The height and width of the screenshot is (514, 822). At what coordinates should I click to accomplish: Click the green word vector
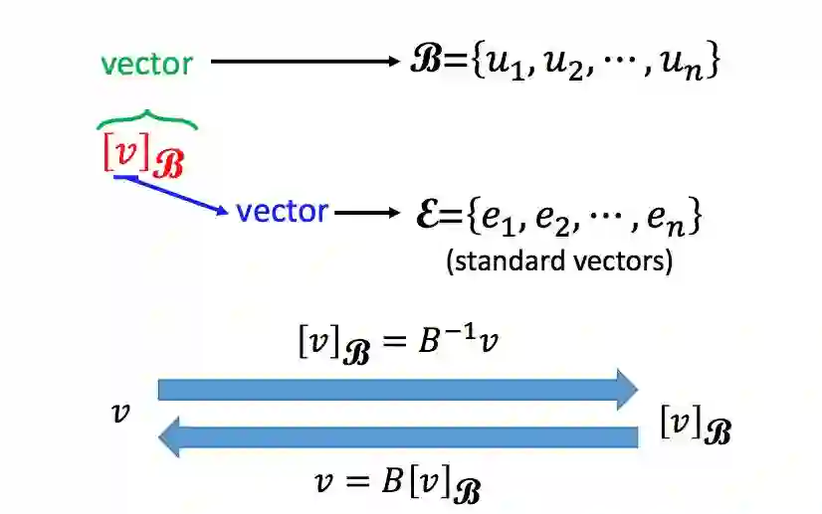[x=146, y=63]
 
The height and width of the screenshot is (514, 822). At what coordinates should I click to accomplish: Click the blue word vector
[x=282, y=211]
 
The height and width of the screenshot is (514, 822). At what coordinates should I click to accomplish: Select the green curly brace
[x=147, y=120]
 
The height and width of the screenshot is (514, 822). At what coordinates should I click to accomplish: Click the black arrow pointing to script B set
[x=305, y=62]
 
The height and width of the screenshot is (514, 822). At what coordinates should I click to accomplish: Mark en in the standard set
[x=663, y=216]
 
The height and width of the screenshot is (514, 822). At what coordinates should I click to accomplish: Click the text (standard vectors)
[x=559, y=261]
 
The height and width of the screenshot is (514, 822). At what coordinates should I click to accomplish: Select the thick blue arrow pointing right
[x=398, y=389]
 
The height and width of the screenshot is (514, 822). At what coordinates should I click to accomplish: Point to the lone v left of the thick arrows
[x=121, y=412]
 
